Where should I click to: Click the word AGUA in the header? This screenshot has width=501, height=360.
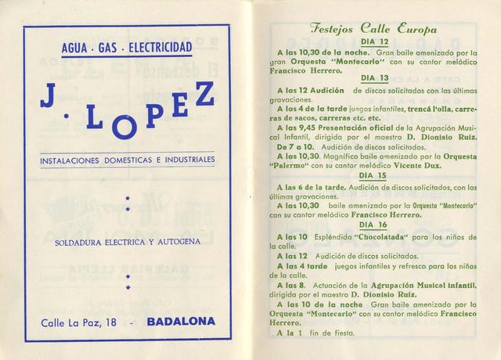(76, 49)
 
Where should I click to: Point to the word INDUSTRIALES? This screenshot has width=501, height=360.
(182, 160)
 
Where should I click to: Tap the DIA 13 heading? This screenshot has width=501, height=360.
(372, 77)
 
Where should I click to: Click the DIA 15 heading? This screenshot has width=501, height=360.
(372, 175)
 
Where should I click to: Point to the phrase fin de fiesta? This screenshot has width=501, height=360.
(323, 333)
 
